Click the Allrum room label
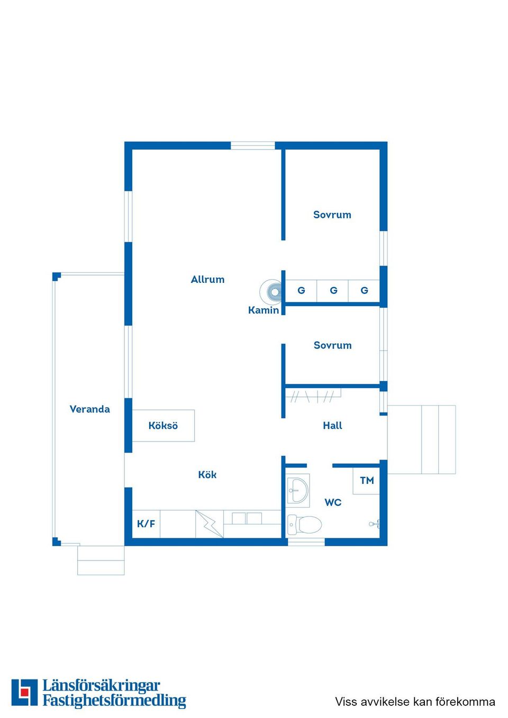pos(207,280)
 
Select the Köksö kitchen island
pos(163,425)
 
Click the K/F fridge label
pos(146,523)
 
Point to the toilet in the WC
pos(304,524)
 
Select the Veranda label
pos(90,409)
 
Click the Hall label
pos(332,425)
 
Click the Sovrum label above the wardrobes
pos(332,215)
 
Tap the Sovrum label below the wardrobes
pos(332,345)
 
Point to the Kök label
pos(207,474)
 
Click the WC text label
pos(333,502)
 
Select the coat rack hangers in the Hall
pos(313,395)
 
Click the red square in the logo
pos(24,692)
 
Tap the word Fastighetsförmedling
pos(114,700)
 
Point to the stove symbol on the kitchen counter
pos(210,524)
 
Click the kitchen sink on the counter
pos(247,518)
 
